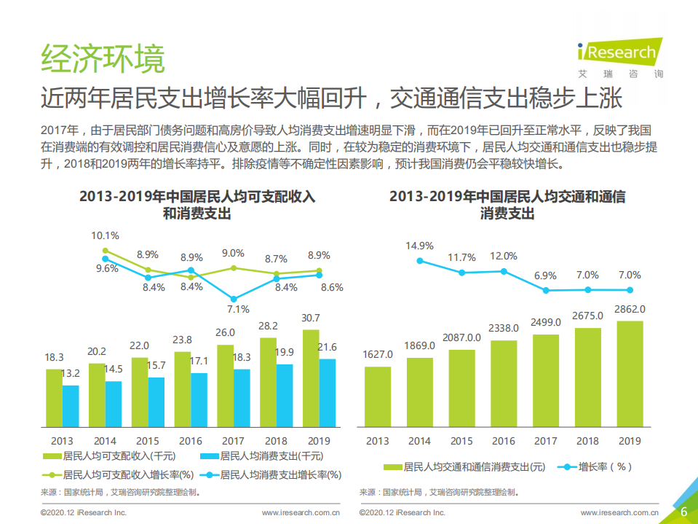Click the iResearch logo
[x=619, y=55]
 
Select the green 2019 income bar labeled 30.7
[x=311, y=378]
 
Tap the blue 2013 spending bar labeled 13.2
[x=71, y=405]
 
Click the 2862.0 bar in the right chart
[x=630, y=373]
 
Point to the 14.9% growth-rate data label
[x=419, y=246]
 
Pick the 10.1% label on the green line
[x=105, y=235]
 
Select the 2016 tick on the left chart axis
[x=191, y=441]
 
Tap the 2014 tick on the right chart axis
[x=419, y=441]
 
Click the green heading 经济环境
[x=103, y=59]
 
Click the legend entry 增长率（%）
[x=596, y=466]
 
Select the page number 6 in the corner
[x=683, y=512]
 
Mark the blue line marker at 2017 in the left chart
[x=233, y=299]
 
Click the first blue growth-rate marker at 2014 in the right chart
[x=420, y=260]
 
